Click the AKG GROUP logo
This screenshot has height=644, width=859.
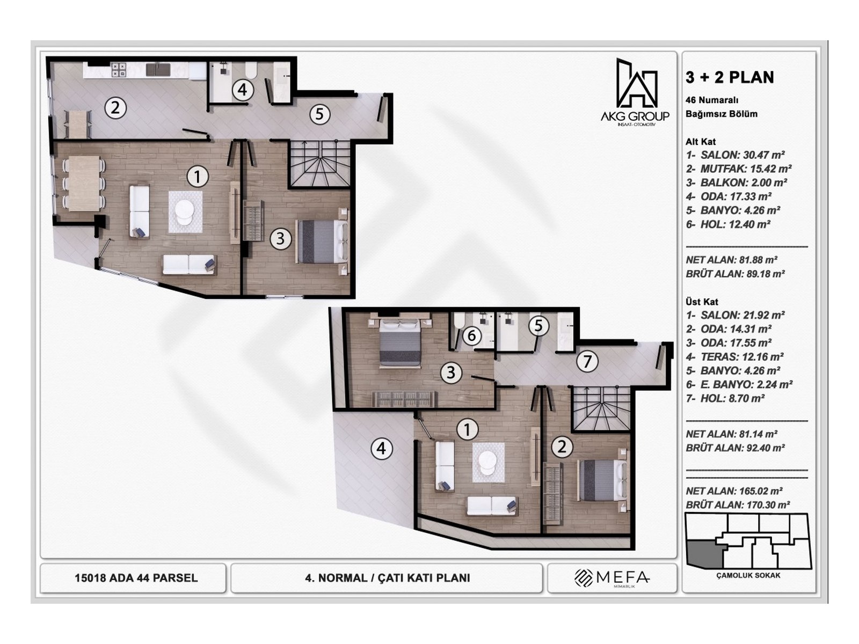point(636,91)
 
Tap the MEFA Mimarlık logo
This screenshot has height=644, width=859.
point(612,578)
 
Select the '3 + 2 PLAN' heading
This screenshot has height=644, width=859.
point(730,77)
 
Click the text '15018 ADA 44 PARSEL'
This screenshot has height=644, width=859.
point(136,578)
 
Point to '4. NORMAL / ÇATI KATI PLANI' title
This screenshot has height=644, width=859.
point(387,578)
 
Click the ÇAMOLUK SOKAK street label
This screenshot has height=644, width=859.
point(748,575)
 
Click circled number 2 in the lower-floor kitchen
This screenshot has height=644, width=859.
point(115,108)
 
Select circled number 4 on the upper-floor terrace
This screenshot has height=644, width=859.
point(381,448)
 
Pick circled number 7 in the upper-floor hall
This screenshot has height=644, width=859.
point(587,361)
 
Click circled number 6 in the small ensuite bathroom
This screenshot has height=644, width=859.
point(471,336)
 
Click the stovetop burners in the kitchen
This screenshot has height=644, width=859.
point(119,70)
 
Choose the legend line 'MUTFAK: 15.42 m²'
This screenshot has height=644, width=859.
point(738,169)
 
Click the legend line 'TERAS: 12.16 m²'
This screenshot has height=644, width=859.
point(734,357)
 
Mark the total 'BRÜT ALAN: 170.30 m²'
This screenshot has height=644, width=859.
point(737,505)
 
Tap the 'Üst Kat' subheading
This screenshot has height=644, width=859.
point(702,302)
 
